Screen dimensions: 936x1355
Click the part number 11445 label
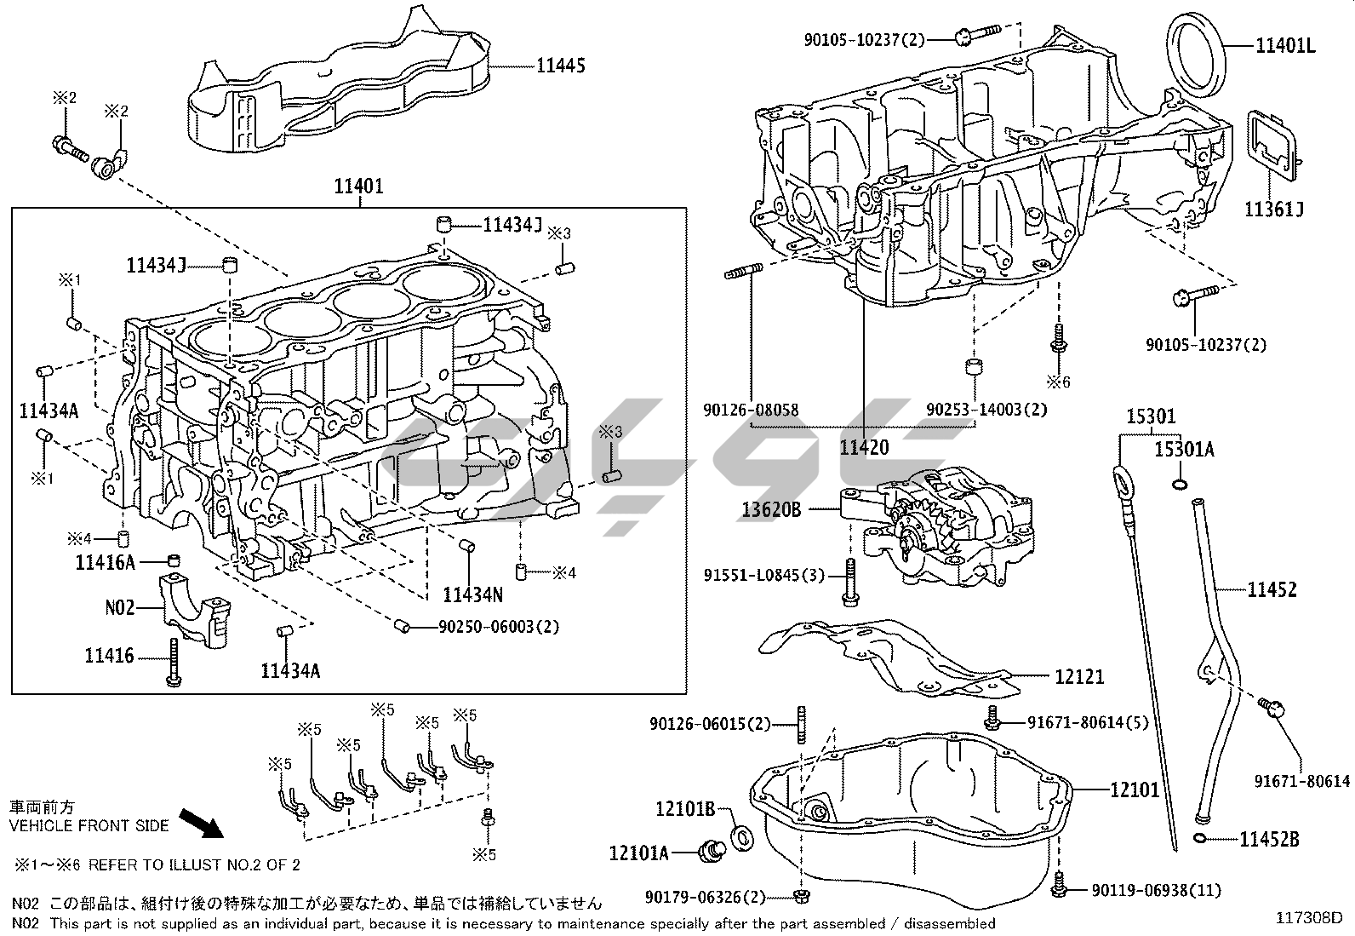click(x=561, y=65)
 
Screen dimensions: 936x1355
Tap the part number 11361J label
click(x=1275, y=209)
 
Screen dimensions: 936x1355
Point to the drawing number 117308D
click(x=1308, y=918)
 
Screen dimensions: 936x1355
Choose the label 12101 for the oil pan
click(x=1135, y=790)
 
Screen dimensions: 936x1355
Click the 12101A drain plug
click(x=709, y=849)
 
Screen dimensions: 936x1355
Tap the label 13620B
click(x=772, y=509)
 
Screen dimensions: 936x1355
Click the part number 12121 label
click(x=1079, y=677)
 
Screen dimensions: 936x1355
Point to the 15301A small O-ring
click(x=1180, y=485)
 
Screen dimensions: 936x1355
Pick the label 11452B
click(x=1269, y=840)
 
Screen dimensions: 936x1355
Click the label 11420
click(x=864, y=448)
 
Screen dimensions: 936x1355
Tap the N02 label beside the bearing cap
click(x=120, y=607)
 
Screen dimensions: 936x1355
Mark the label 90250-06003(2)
click(x=499, y=627)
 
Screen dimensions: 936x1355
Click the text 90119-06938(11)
click(x=1157, y=891)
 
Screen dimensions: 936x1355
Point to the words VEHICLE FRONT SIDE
click(x=89, y=825)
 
